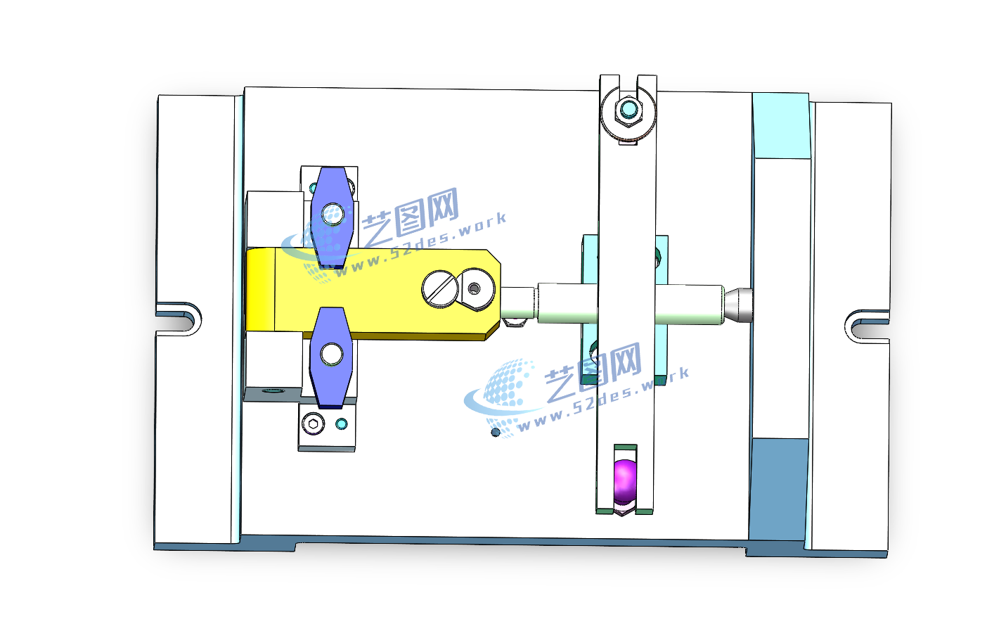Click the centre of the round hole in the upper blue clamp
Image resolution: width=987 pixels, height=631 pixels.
tap(333, 214)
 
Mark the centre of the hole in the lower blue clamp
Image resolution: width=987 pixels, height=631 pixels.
tap(332, 355)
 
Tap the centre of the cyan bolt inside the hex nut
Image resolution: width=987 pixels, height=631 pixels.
tap(628, 108)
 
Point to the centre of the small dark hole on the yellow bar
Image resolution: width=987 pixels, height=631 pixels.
tap(474, 288)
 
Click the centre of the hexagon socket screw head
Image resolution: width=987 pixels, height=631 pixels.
tap(314, 424)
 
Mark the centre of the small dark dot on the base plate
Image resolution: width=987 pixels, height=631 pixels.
tap(496, 432)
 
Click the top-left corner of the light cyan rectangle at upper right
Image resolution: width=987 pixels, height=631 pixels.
tap(753, 93)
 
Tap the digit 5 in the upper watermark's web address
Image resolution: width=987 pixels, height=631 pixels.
tap(392, 254)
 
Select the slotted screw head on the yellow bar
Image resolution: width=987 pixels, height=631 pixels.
tap(441, 288)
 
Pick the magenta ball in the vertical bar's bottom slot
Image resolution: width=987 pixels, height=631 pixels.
tap(625, 482)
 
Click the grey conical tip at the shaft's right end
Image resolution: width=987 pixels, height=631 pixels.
tap(738, 305)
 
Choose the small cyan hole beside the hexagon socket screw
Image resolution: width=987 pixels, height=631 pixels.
tap(341, 424)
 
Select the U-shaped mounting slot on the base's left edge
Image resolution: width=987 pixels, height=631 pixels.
tap(179, 318)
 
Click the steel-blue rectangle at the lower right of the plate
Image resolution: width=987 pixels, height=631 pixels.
tap(779, 490)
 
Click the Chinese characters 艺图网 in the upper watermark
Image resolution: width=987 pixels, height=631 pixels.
tap(410, 217)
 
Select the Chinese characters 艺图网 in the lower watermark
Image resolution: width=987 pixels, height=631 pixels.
tap(593, 371)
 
